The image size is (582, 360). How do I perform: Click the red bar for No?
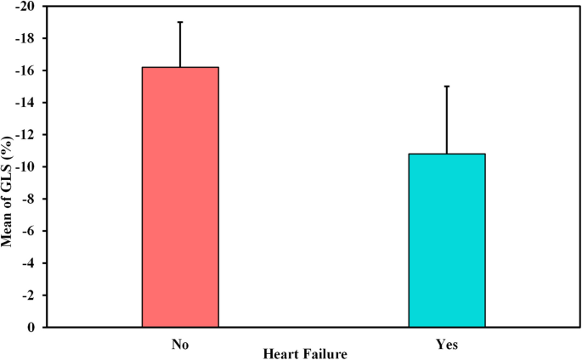(x=180, y=197)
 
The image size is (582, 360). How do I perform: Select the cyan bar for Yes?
(x=447, y=240)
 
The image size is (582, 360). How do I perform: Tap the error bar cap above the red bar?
(x=180, y=22)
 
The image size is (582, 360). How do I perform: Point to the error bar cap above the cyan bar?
(x=447, y=87)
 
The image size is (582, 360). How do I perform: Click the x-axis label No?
(x=180, y=345)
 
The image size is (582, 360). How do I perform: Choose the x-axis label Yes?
(x=447, y=345)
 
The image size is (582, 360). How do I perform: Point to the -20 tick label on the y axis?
(x=27, y=7)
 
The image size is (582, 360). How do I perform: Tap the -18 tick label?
(x=27, y=39)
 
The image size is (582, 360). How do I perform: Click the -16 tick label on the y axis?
(x=27, y=71)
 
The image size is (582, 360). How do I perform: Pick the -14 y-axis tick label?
(x=27, y=103)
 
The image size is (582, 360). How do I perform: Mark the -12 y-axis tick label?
(x=27, y=135)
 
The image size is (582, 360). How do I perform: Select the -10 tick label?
(x=27, y=167)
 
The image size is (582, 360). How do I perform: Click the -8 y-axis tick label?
(x=31, y=200)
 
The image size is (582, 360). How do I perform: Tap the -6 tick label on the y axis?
(x=31, y=231)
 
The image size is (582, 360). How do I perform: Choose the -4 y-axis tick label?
(x=31, y=263)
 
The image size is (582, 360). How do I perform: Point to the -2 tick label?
(x=31, y=295)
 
